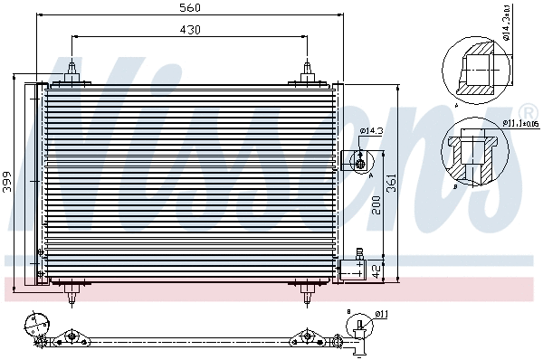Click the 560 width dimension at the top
coord(188,8)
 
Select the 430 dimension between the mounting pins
coord(188,30)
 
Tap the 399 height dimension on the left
coord(7,179)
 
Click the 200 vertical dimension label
coord(376,206)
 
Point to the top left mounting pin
coord(71,71)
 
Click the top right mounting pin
coord(309,71)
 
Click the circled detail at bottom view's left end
coord(36,324)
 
